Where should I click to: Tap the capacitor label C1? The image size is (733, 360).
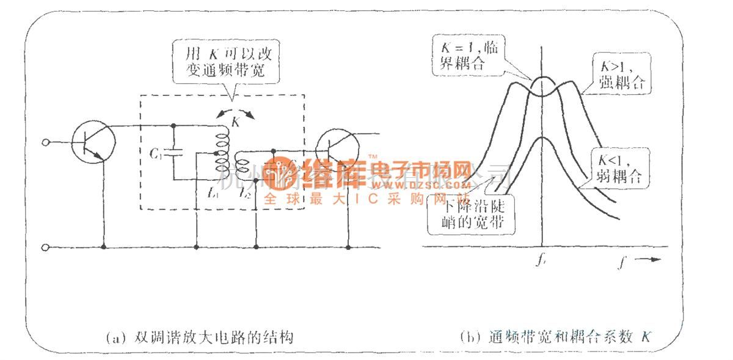(x=155, y=153)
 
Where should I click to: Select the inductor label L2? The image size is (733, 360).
(x=246, y=194)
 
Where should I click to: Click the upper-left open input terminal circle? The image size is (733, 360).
(x=44, y=143)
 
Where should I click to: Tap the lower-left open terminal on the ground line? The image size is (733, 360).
(x=44, y=247)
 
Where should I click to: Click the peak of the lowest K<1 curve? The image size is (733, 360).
(x=542, y=139)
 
